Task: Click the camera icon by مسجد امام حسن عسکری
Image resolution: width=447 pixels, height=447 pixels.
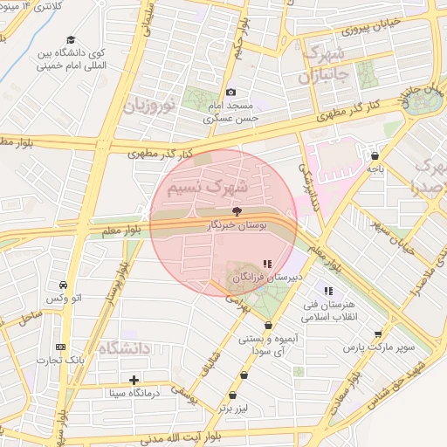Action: pyautogui.click(x=230, y=92)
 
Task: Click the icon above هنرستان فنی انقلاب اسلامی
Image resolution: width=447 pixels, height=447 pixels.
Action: pyautogui.click(x=328, y=291)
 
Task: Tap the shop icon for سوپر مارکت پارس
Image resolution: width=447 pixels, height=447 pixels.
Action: pyautogui.click(x=377, y=334)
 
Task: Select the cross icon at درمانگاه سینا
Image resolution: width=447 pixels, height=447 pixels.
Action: pyautogui.click(x=134, y=379)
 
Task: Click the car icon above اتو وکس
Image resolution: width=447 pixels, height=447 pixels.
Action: pyautogui.click(x=63, y=285)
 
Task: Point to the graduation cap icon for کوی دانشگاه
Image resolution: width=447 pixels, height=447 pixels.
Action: pyautogui.click(x=71, y=38)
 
